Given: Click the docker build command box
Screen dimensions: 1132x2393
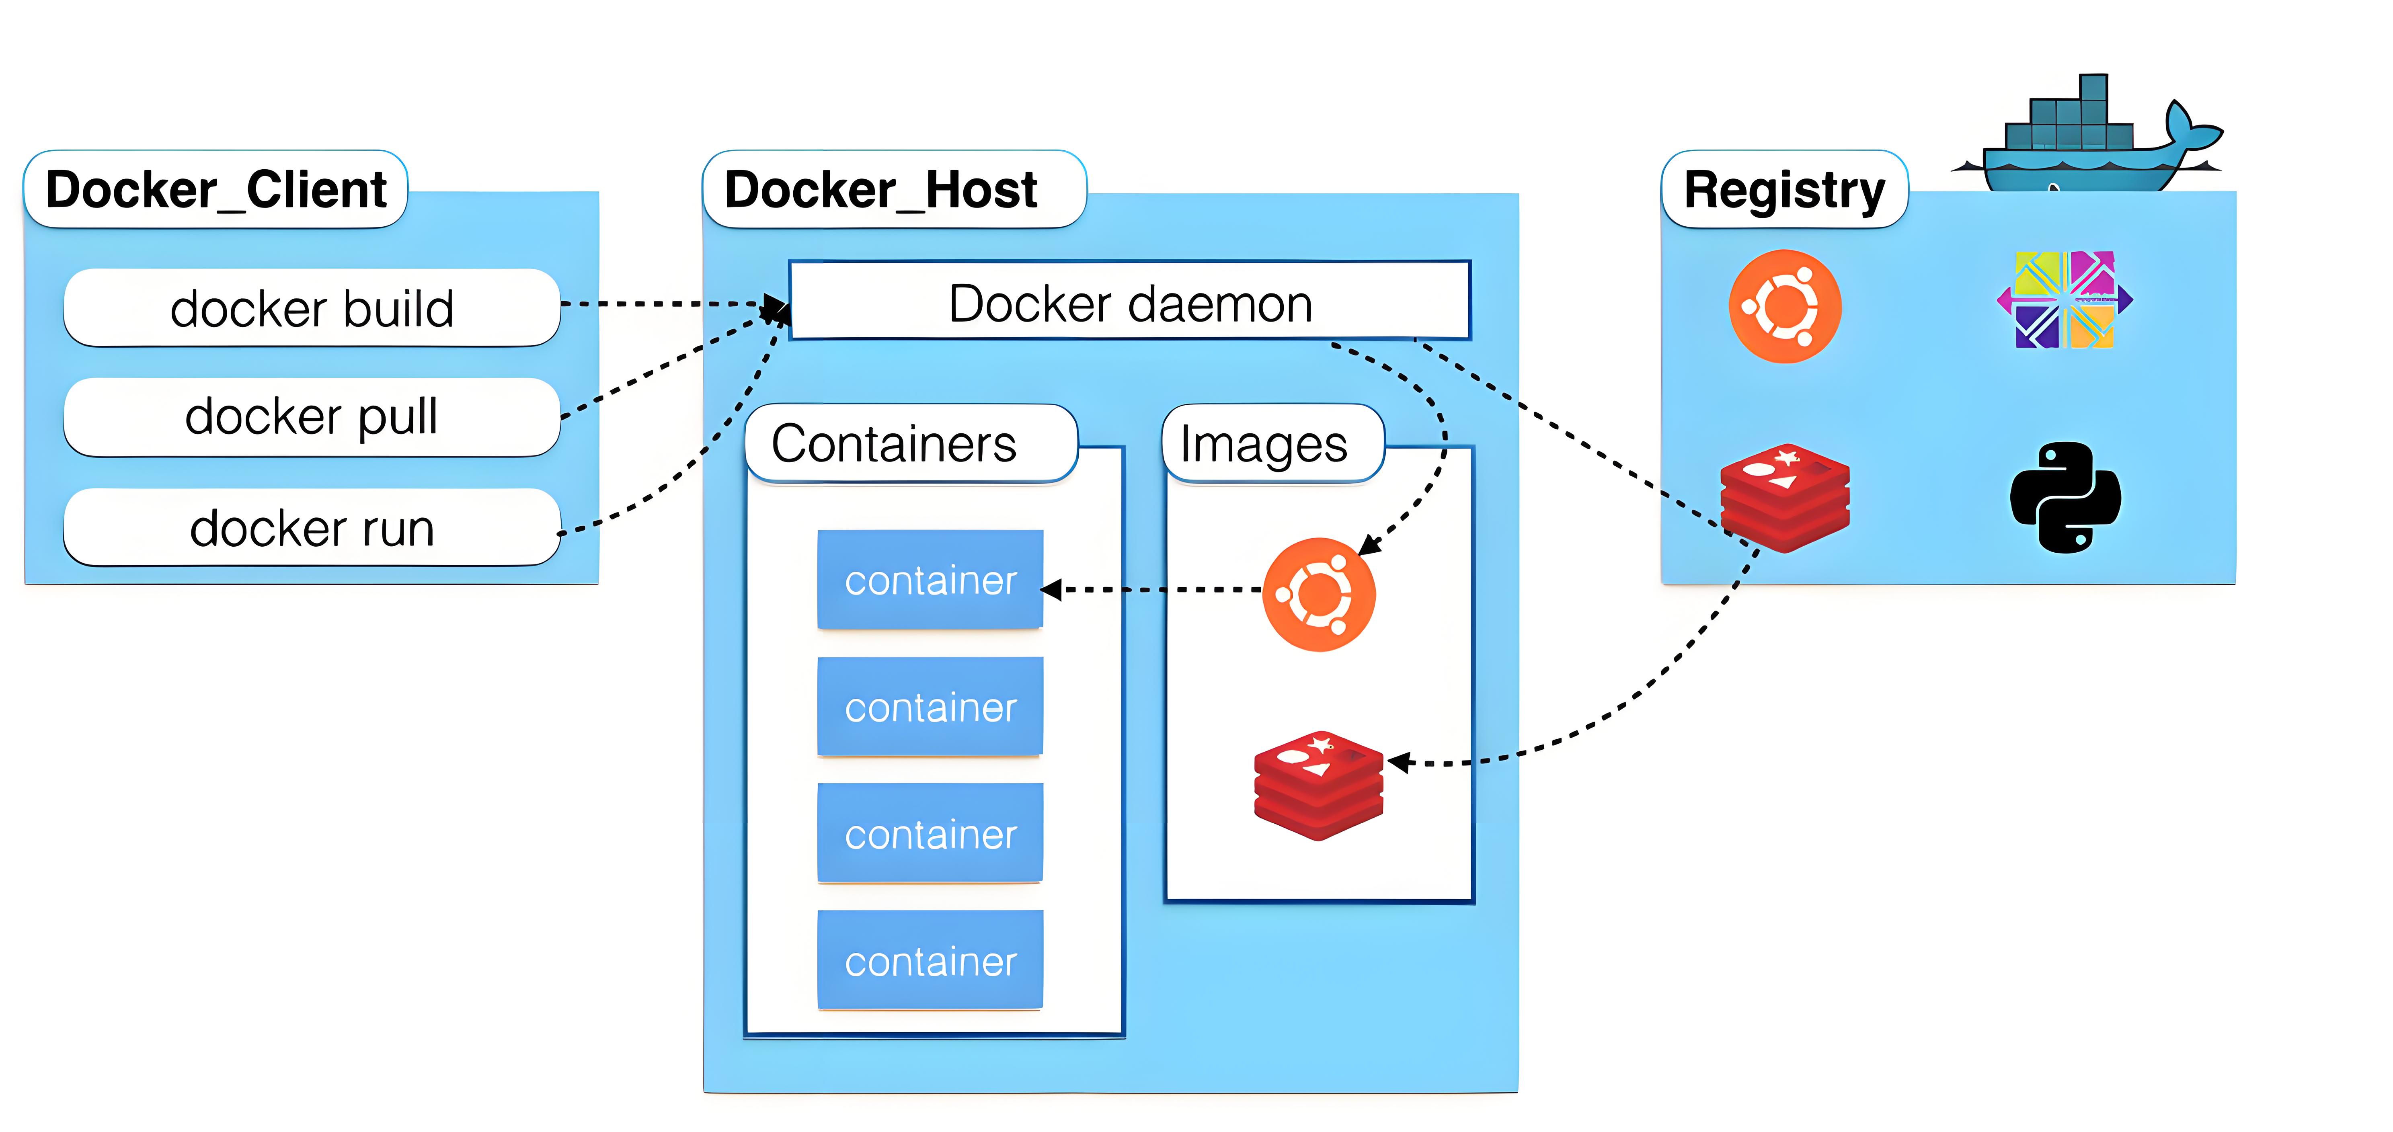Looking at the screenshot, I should [x=311, y=308].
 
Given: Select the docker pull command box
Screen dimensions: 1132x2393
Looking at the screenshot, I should [x=311, y=416].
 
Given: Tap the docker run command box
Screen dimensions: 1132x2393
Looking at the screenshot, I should [x=311, y=527].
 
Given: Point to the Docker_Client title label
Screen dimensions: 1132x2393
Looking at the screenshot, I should [x=215, y=189].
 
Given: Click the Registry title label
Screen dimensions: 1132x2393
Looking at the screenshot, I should [x=1783, y=189].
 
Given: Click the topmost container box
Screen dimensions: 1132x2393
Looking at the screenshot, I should [x=930, y=579].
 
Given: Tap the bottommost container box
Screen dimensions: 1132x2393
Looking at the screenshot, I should [x=930, y=960].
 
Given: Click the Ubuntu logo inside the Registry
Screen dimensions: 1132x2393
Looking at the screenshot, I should [x=1785, y=306].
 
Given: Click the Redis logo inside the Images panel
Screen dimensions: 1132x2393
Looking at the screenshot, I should [x=1318, y=785].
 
